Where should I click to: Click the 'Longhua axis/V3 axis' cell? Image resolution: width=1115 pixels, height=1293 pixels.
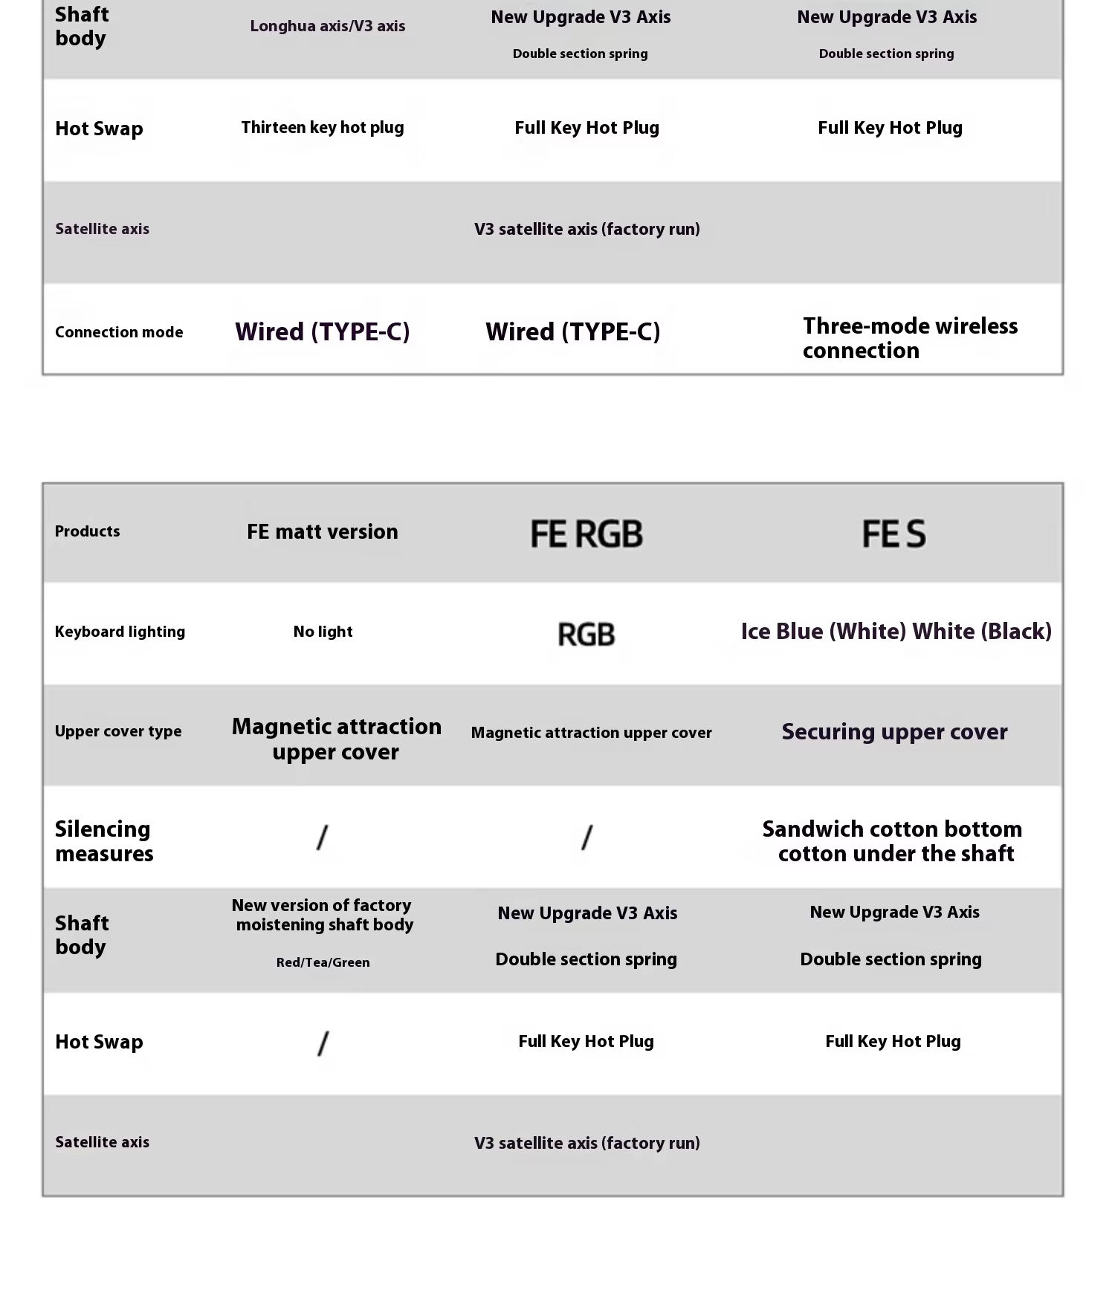tap(327, 26)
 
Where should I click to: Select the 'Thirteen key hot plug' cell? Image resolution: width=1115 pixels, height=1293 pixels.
tap(322, 127)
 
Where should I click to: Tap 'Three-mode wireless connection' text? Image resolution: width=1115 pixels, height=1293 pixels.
tap(909, 338)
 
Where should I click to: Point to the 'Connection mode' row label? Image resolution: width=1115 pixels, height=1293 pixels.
tap(119, 332)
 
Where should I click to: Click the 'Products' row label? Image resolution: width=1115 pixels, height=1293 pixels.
tap(87, 531)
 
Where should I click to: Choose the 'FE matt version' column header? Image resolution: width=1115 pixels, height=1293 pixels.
tap(322, 532)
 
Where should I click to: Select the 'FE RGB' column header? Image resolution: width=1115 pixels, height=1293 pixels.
tap(586, 534)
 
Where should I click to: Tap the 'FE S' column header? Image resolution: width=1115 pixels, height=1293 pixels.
tap(893, 534)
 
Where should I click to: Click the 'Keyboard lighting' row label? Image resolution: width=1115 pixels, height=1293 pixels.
tap(120, 632)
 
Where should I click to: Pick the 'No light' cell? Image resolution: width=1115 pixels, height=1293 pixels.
tap(323, 632)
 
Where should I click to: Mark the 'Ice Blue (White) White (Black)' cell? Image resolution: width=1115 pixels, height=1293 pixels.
tap(896, 632)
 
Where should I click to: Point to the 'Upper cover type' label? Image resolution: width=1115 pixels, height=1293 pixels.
tap(117, 731)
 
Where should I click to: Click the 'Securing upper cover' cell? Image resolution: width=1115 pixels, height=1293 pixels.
tap(894, 732)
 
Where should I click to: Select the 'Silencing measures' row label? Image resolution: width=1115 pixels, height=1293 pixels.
tap(104, 841)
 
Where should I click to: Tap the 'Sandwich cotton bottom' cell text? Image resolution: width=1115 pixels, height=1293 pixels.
tap(892, 829)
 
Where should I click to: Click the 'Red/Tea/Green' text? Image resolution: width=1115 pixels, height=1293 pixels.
tap(323, 962)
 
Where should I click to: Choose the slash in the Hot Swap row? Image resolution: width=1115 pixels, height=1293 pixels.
tap(323, 1043)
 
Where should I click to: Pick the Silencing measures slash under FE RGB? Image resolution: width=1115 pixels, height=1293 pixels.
tap(586, 837)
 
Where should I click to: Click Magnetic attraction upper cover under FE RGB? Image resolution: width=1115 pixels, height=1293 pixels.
tap(591, 733)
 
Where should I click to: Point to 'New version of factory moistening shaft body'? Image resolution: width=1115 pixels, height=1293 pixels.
tap(323, 915)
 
